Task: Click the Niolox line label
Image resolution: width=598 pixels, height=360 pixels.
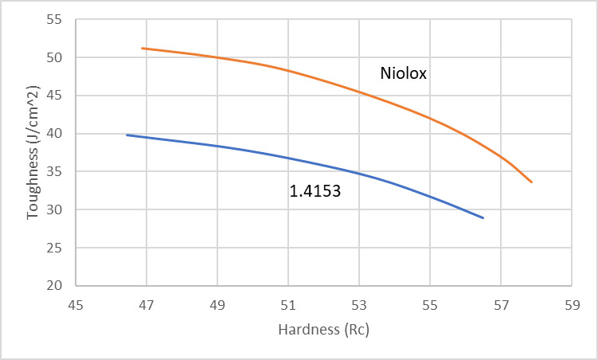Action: coord(404,74)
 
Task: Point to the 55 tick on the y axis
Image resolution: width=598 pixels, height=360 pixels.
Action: coord(56,19)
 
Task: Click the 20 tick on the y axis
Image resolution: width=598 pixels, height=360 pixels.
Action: coord(56,285)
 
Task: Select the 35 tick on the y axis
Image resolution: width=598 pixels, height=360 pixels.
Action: coord(56,171)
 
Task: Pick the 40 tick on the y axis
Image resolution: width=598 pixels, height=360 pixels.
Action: coord(56,133)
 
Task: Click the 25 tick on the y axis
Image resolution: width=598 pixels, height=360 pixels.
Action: coord(56,247)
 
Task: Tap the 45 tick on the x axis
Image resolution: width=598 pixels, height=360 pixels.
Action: coord(76,303)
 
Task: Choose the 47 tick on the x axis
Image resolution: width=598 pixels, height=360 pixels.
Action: coord(147,303)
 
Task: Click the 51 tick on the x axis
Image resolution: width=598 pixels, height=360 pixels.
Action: coord(288,303)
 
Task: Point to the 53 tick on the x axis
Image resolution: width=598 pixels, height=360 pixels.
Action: coord(359,303)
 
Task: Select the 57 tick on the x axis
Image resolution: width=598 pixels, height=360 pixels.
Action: coord(501,303)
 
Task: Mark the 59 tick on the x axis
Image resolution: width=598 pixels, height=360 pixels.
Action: coord(572,303)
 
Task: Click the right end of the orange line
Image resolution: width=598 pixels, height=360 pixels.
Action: coord(531,182)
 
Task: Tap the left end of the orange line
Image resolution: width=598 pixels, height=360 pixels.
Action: coord(143,48)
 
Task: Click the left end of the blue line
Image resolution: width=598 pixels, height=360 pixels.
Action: coord(127,135)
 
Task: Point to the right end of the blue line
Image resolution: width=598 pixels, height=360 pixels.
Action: coord(483,217)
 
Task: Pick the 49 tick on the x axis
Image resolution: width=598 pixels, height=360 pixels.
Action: coord(217,303)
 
